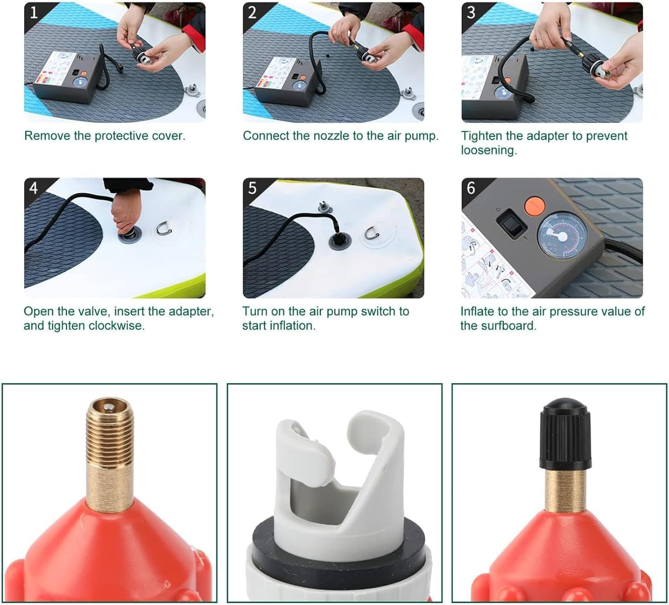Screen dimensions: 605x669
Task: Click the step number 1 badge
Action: pyautogui.click(x=33, y=12)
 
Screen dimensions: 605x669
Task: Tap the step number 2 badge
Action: pyautogui.click(x=252, y=12)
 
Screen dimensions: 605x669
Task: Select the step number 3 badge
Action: pyautogui.click(x=471, y=12)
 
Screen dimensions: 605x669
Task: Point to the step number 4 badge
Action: pyautogui.click(x=33, y=188)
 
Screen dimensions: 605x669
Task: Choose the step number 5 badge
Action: pyautogui.click(x=252, y=188)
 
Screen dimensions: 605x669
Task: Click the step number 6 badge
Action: pyautogui.click(x=471, y=188)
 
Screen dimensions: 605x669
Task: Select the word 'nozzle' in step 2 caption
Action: pyautogui.click(x=332, y=136)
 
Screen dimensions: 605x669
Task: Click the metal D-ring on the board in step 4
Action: pyautogui.click(x=163, y=229)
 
